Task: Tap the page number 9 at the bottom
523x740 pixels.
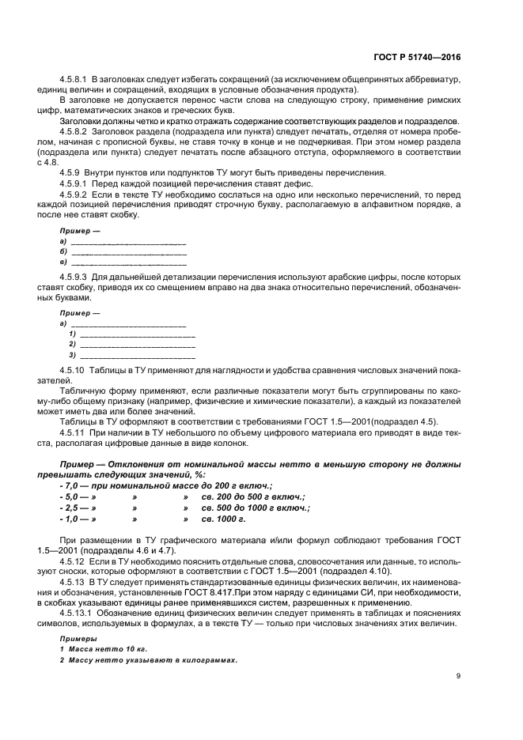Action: [459, 675]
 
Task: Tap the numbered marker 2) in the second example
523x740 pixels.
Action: [72, 345]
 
